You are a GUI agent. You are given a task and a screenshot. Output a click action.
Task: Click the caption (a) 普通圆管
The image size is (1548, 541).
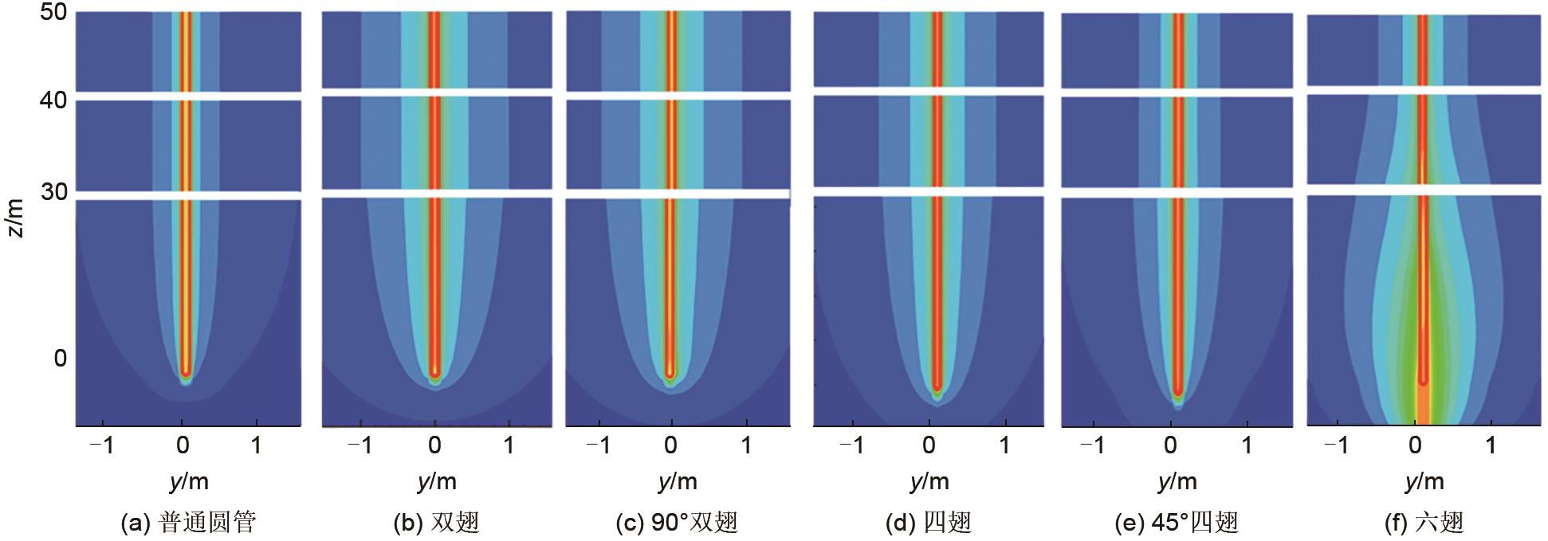pos(188,523)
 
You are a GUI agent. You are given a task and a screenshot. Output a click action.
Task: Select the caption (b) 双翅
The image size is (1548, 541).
pos(436,523)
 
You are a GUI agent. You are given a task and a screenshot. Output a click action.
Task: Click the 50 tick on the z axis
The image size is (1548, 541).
pos(53,14)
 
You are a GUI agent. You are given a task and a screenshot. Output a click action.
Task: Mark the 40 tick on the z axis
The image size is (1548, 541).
pos(53,104)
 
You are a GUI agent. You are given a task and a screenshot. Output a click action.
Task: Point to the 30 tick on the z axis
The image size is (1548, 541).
pos(53,192)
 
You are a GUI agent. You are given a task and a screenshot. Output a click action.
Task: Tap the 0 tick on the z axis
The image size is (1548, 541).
pos(61,359)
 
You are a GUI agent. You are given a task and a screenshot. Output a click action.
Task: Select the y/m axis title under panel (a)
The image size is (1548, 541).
pos(189,481)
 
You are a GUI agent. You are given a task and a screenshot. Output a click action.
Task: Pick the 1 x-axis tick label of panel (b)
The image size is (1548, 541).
pos(509,445)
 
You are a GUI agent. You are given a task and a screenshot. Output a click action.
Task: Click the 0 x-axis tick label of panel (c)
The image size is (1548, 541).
pos(671,445)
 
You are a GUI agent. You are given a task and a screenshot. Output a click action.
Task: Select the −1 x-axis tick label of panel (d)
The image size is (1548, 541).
pos(851,445)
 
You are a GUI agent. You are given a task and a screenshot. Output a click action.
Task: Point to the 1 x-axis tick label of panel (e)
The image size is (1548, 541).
pos(1247,445)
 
